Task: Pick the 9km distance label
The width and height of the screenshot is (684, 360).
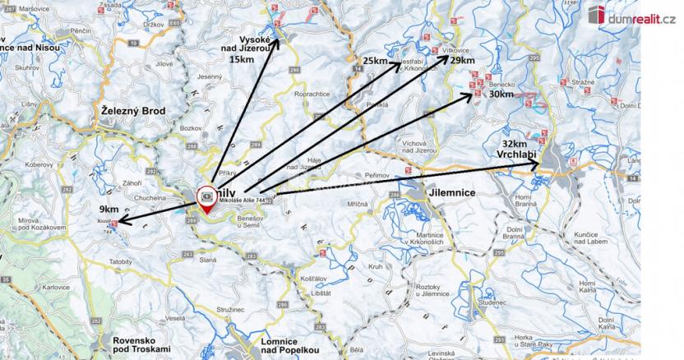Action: (x=108, y=208)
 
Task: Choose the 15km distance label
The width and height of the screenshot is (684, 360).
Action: (x=242, y=60)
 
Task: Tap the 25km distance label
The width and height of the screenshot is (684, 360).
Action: (x=374, y=62)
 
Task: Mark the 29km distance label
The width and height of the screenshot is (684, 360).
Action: (x=462, y=61)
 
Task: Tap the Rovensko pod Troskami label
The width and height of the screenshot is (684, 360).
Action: (x=134, y=345)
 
